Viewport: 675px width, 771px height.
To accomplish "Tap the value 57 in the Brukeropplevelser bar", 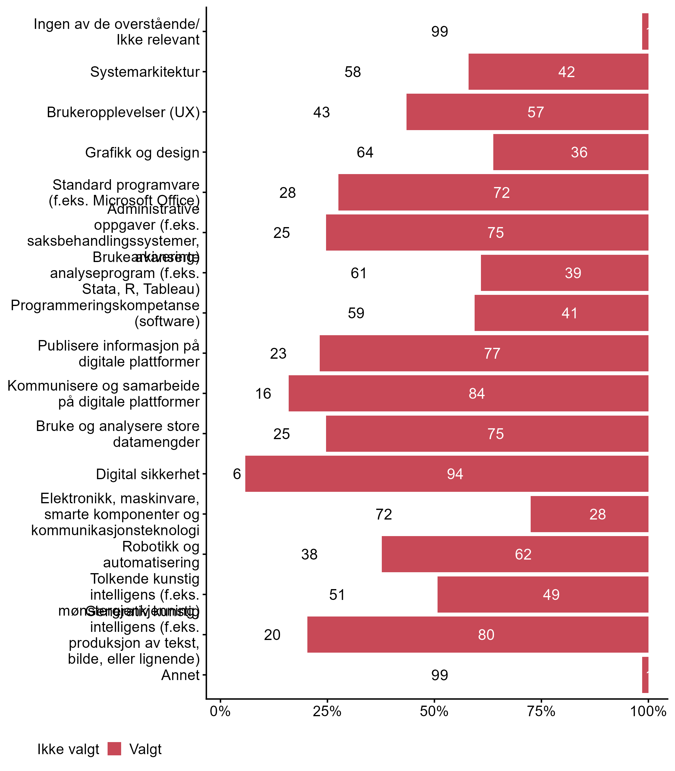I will click(x=535, y=112).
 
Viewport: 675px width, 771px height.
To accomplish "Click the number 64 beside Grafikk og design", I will click(x=365, y=152).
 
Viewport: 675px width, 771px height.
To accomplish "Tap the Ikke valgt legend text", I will click(x=68, y=749).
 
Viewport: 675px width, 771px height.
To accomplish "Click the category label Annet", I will click(x=180, y=675).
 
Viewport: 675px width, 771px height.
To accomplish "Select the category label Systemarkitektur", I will click(x=145, y=72).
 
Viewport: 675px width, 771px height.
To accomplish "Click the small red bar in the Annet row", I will click(x=645, y=675).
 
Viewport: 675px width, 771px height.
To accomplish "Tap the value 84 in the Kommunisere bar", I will click(x=476, y=393).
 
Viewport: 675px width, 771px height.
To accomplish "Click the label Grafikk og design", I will click(x=142, y=152).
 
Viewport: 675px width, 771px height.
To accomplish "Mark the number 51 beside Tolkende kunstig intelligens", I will click(x=337, y=595).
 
